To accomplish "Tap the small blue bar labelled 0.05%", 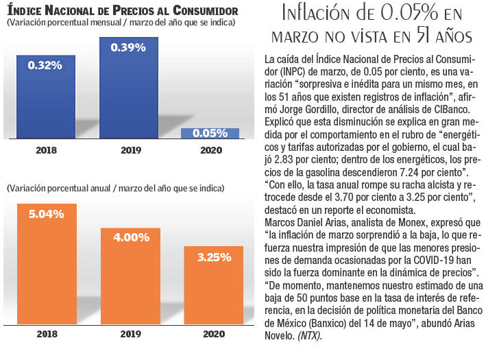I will click(x=210, y=134).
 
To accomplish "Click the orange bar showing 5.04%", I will click(x=46, y=261).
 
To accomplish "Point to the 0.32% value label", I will click(x=46, y=65).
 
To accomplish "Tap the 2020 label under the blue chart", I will click(x=210, y=150).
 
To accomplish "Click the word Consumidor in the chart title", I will click(x=204, y=12).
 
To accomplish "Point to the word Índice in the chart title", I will click(x=25, y=12).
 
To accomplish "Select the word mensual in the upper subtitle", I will click(x=106, y=23).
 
